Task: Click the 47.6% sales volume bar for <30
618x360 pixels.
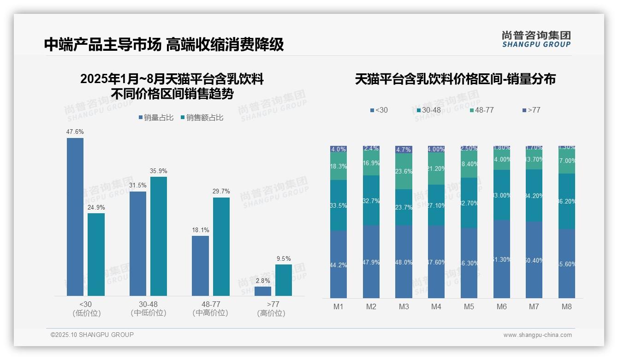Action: [75, 217]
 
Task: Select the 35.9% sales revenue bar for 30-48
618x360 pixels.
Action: [159, 236]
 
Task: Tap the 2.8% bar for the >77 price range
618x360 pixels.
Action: [263, 291]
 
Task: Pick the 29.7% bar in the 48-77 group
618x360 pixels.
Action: [221, 246]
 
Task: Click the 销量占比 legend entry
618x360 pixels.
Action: [156, 118]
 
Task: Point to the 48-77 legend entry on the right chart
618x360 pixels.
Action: [481, 110]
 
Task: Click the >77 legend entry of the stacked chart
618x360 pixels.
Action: [531, 110]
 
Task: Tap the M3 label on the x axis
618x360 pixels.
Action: [404, 306]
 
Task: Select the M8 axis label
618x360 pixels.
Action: [567, 306]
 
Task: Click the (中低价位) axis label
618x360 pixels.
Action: [149, 313]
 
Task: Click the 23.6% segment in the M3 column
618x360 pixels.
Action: [404, 171]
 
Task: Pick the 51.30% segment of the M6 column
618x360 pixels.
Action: [502, 259]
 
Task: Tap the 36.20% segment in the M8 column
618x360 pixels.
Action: [567, 201]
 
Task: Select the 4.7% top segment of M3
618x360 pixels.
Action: [404, 150]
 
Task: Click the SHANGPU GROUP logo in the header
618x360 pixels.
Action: [536, 39]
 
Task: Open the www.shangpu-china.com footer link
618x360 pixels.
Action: [537, 335]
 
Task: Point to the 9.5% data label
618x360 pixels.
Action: [283, 259]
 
